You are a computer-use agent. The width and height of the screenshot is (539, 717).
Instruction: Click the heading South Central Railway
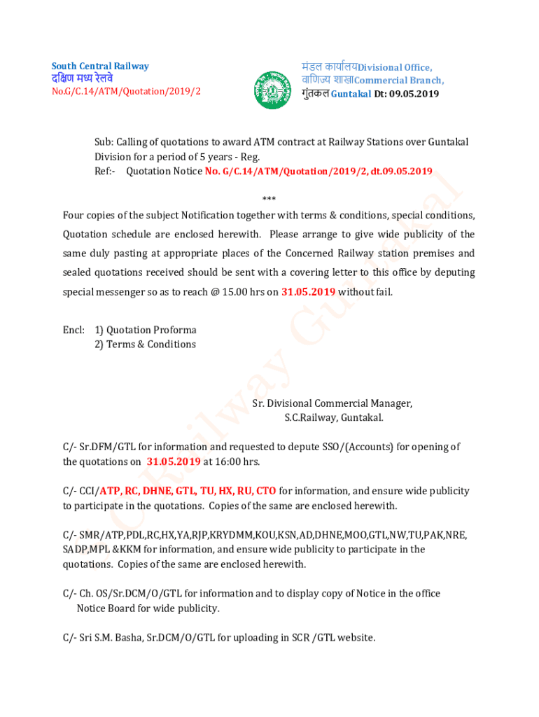[x=100, y=67]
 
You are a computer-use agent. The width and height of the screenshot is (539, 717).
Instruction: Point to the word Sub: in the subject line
[x=104, y=142]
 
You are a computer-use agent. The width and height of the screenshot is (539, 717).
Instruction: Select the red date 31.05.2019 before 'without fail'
[x=308, y=291]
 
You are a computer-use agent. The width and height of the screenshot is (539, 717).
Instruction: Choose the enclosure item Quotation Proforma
[x=151, y=330]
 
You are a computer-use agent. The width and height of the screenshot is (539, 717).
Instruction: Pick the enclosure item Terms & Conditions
[x=150, y=344]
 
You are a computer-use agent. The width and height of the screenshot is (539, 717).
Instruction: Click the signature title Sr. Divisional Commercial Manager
[x=332, y=403]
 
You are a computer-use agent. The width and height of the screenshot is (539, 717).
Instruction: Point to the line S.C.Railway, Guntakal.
[x=333, y=418]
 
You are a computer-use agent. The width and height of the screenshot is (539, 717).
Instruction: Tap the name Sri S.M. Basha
[x=115, y=637]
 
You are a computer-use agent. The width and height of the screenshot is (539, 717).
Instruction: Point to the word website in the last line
[x=356, y=637]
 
